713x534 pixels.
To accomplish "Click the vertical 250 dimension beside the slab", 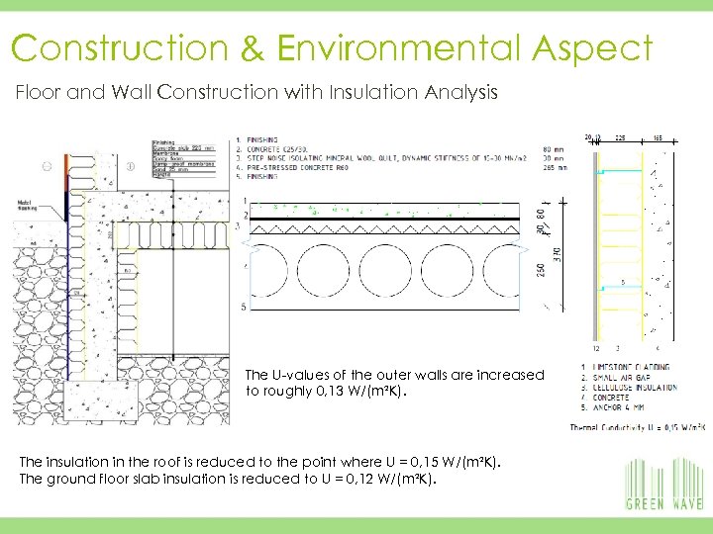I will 541,268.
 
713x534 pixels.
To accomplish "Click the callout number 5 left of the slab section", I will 245,309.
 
